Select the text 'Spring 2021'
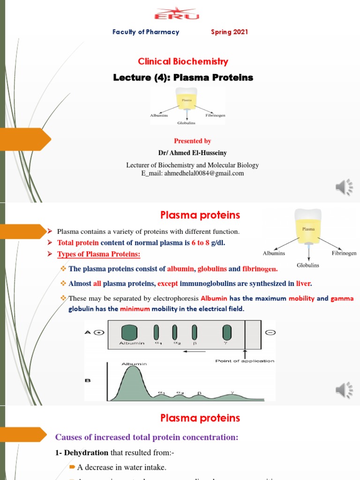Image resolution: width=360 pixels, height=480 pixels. coord(229,32)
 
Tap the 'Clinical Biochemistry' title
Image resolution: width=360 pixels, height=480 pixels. coord(183,61)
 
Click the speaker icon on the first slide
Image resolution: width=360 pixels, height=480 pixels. coord(344,187)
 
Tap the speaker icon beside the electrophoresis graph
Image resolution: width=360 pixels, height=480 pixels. coord(344,390)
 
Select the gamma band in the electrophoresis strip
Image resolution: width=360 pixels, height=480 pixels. coord(227,332)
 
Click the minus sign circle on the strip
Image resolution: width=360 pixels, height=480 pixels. coord(270,332)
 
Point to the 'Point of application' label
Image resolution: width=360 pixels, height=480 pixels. coord(245,361)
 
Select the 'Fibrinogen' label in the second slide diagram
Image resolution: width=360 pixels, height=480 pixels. coord(344,253)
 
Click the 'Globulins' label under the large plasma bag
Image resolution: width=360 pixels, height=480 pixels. coord(308,265)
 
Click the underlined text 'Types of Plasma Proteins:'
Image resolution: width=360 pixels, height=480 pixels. coord(98,254)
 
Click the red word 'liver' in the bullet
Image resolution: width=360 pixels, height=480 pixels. coord(304,284)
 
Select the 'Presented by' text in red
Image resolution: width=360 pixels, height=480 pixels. coord(192,141)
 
